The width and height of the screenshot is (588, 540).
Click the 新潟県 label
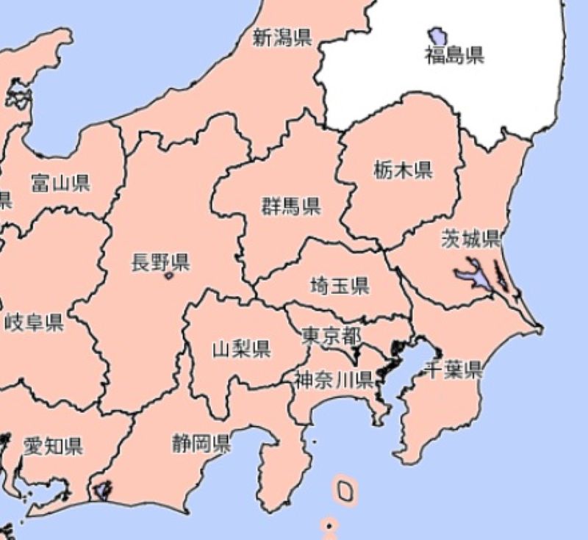(x=282, y=37)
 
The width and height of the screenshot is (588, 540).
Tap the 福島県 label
(x=455, y=54)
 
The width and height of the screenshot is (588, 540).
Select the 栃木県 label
(x=403, y=170)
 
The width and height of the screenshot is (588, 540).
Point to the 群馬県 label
(x=291, y=206)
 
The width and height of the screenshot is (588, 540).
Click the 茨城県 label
(x=470, y=238)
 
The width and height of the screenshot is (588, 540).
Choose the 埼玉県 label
(x=339, y=285)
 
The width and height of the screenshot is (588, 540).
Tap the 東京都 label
(x=331, y=336)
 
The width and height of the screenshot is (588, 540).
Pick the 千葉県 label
(x=454, y=370)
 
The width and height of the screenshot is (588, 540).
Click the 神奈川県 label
(x=334, y=380)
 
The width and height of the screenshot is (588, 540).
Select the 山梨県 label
(x=241, y=348)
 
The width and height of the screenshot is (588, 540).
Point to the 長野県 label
(x=160, y=262)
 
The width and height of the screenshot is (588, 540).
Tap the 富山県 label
(x=60, y=183)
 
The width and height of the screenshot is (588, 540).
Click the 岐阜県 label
(x=34, y=321)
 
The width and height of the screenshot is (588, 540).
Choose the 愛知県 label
(x=53, y=445)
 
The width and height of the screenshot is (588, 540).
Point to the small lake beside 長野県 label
(x=170, y=276)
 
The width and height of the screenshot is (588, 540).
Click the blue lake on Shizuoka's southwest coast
(x=101, y=489)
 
